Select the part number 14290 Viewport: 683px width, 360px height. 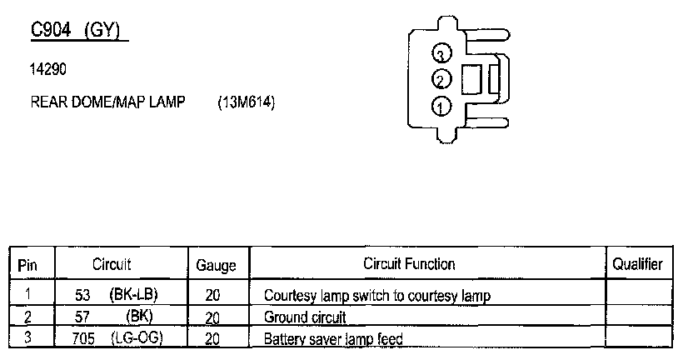tap(47, 70)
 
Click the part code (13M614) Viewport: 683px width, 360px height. tap(246, 102)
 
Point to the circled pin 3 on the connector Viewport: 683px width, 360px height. tap(441, 54)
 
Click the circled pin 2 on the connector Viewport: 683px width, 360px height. tap(441, 80)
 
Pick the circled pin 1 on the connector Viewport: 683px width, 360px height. tap(441, 106)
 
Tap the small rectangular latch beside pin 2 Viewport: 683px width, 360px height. tap(471, 79)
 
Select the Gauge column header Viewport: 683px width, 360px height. tap(216, 266)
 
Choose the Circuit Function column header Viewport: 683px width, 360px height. tap(408, 264)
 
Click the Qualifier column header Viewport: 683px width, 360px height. tap(637, 264)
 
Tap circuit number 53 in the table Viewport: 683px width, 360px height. tap(82, 294)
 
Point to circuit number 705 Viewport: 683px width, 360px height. tap(86, 337)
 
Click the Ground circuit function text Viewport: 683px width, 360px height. tap(304, 317)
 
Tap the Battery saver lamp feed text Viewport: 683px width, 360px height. tap(333, 339)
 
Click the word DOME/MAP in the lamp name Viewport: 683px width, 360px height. tap(114, 102)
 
